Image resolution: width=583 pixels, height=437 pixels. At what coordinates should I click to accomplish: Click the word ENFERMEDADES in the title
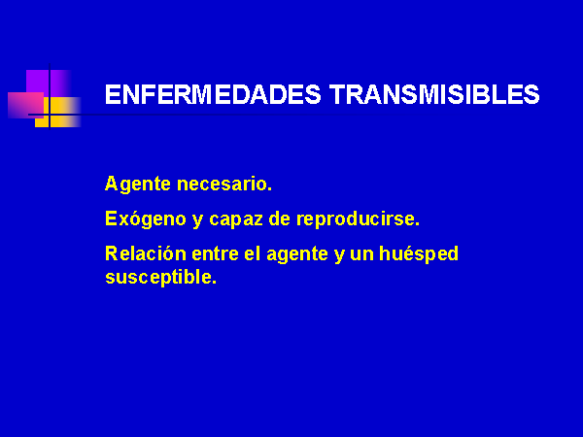pyautogui.click(x=213, y=94)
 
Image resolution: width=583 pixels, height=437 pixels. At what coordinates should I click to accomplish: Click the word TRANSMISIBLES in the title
pyautogui.click(x=434, y=94)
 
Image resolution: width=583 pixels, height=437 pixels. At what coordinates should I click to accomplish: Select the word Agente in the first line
pyautogui.click(x=138, y=185)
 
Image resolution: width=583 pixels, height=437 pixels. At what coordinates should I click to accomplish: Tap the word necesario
pyautogui.click(x=224, y=185)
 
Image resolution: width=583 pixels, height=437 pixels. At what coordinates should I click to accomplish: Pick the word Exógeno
pyautogui.click(x=146, y=218)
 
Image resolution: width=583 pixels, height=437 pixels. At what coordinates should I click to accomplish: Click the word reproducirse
pyautogui.click(x=358, y=218)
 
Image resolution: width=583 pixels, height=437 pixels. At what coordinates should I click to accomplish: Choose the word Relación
pyautogui.click(x=146, y=253)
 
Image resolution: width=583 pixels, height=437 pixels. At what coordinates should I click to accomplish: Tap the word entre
pyautogui.click(x=215, y=254)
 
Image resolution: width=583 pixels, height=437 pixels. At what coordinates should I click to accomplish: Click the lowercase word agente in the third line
pyautogui.click(x=297, y=254)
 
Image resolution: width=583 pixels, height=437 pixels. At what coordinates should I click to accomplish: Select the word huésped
pyautogui.click(x=418, y=254)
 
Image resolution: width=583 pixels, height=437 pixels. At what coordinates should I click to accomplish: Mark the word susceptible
pyautogui.click(x=160, y=277)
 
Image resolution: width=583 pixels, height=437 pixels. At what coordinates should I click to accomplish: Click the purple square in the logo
pyautogui.click(x=49, y=84)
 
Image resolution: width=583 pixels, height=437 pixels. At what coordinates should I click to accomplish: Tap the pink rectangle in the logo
pyautogui.click(x=25, y=105)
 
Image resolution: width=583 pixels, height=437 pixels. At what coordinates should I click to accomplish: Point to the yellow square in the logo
pyautogui.click(x=58, y=113)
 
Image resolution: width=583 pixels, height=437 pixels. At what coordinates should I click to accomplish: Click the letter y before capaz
pyautogui.click(x=198, y=220)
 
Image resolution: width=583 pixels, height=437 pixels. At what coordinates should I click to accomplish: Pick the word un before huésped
pyautogui.click(x=361, y=254)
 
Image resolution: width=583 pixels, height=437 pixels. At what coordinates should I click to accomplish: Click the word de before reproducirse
pyautogui.click(x=279, y=218)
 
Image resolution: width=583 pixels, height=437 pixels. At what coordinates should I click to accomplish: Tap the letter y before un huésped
pyautogui.click(x=339, y=255)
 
